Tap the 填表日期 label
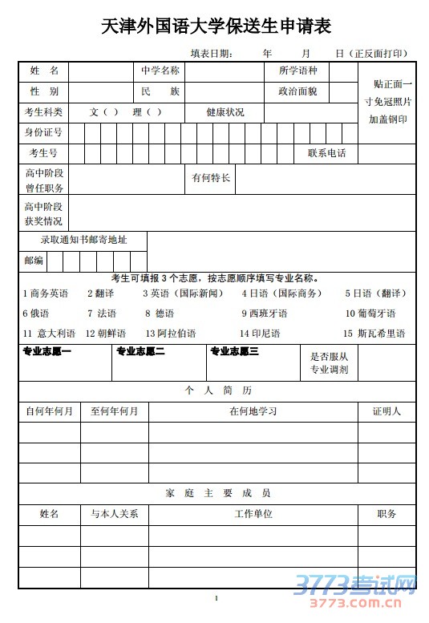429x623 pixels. (212, 54)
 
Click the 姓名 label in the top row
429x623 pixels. (44, 71)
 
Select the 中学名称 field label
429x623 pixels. (160, 71)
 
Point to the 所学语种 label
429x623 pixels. (297, 71)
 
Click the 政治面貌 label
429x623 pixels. (297, 91)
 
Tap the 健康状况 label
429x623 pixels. (225, 112)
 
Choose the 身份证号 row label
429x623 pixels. (43, 132)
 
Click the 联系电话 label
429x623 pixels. (327, 153)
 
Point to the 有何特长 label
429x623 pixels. (211, 178)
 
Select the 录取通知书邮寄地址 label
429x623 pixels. (83, 240)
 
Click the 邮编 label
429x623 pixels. (34, 261)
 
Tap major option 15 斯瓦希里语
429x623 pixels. (374, 333)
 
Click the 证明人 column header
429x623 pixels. (387, 411)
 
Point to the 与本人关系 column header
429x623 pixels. (114, 514)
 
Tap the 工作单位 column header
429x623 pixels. (253, 514)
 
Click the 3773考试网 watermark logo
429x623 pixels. (354, 585)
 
